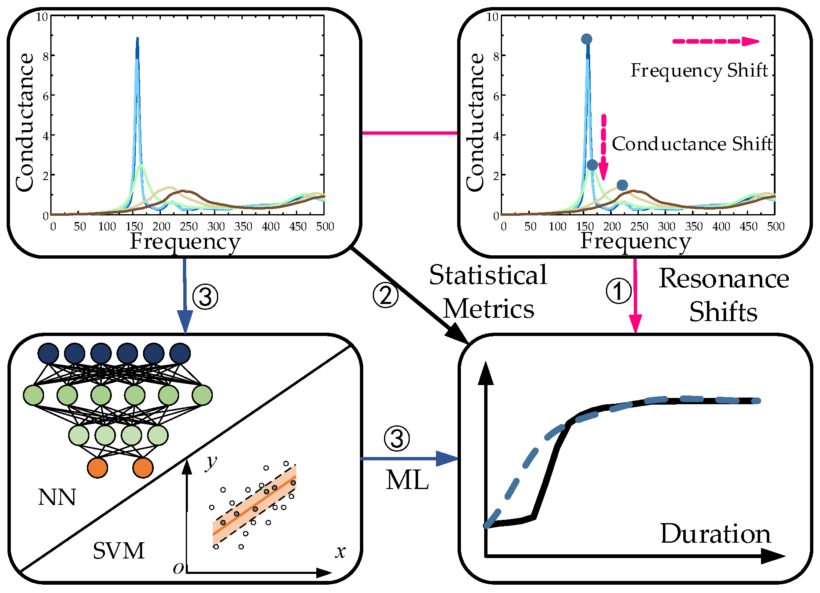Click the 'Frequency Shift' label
(699, 70)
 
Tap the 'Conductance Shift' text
(692, 144)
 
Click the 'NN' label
(57, 497)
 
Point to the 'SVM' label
(118, 551)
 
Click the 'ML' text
(407, 480)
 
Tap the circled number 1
(618, 291)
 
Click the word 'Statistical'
(488, 275)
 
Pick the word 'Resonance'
(724, 278)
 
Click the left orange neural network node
(98, 467)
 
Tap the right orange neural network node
(143, 467)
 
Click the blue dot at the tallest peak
(586, 39)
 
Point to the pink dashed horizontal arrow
(715, 41)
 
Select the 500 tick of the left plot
(325, 227)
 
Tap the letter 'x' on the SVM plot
(340, 552)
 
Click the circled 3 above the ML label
(396, 439)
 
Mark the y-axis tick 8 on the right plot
(496, 56)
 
